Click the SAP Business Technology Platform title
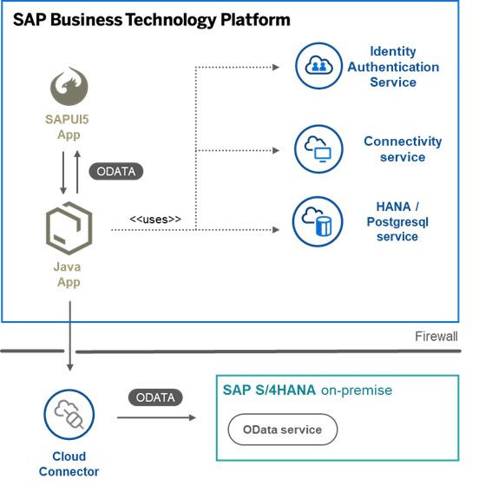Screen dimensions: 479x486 click(152, 20)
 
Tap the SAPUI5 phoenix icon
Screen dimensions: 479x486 click(69, 86)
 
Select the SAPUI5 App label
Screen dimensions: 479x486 click(67, 127)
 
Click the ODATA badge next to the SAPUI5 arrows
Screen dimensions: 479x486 click(116, 171)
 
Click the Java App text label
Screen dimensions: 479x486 click(68, 274)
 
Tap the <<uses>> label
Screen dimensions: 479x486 click(155, 219)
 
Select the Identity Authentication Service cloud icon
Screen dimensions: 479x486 click(318, 66)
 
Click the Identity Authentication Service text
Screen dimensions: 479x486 click(393, 67)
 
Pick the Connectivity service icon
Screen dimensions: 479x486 click(318, 148)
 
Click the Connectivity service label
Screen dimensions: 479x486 click(403, 149)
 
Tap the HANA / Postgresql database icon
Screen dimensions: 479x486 click(318, 221)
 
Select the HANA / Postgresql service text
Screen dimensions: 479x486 click(397, 221)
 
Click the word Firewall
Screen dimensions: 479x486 click(436, 337)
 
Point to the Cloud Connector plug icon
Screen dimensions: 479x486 click(69, 415)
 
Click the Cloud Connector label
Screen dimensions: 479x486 click(69, 464)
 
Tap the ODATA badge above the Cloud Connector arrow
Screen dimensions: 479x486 click(155, 397)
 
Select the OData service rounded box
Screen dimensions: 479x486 click(283, 430)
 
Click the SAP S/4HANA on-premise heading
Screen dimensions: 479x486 click(307, 390)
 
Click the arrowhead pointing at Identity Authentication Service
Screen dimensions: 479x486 click(276, 68)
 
